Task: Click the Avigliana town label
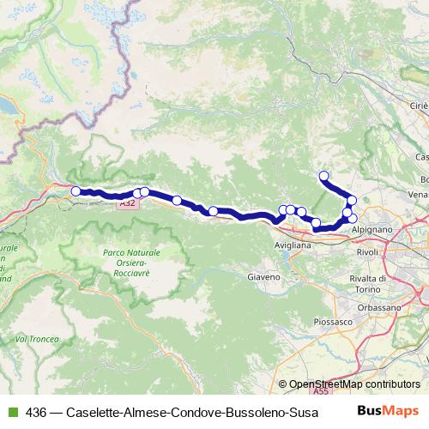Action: tap(293, 245)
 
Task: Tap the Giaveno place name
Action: tap(263, 278)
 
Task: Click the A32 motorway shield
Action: tap(127, 203)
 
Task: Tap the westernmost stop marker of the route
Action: tap(76, 191)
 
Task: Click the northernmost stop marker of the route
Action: tap(323, 176)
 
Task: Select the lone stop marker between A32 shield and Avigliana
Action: tap(177, 201)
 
